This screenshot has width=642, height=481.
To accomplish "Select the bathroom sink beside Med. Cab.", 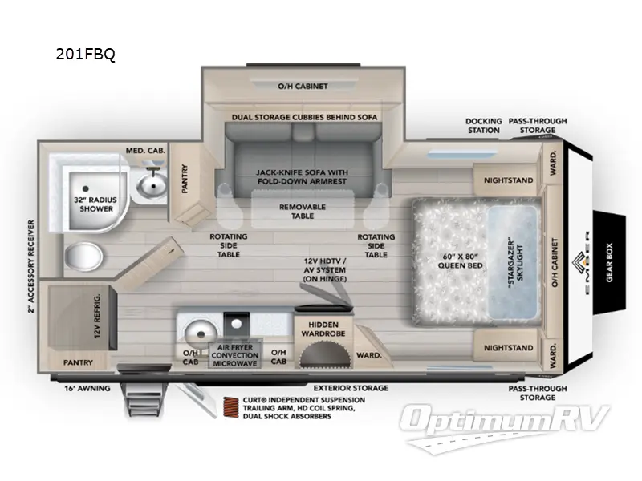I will click(x=151, y=186).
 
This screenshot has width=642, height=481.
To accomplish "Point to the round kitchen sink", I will click(x=197, y=331).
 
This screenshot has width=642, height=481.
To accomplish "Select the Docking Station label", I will click(x=483, y=125).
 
